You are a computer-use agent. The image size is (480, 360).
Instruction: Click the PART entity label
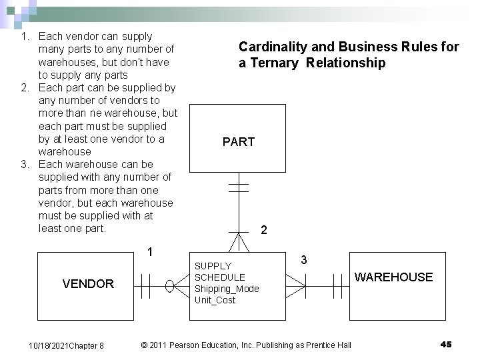239,142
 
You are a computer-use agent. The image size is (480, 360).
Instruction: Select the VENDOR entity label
88,284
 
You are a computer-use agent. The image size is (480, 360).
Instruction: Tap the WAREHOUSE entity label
393,277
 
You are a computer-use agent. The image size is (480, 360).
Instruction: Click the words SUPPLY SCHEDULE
219,271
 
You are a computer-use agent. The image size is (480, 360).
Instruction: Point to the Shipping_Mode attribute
226,289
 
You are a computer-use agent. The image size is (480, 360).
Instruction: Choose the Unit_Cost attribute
215,300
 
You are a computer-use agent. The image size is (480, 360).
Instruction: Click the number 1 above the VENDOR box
151,252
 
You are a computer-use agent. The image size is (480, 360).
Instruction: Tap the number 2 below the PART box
264,230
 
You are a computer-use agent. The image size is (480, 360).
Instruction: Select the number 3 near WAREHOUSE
303,259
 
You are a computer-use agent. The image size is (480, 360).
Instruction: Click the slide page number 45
446,344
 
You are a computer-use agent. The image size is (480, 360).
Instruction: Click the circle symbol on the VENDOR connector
171,288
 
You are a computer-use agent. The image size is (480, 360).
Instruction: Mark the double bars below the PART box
239,183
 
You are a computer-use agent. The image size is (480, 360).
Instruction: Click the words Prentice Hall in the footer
327,345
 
